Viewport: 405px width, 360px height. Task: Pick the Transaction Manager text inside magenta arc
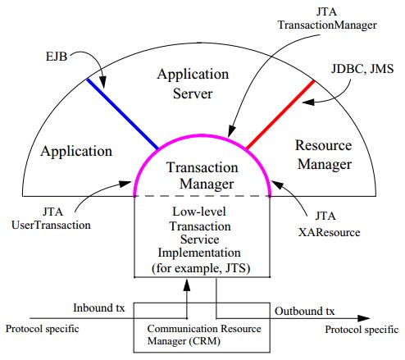[x=203, y=174]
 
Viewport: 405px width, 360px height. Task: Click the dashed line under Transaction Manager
[x=203, y=197]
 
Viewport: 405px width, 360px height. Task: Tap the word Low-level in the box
[x=202, y=211]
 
